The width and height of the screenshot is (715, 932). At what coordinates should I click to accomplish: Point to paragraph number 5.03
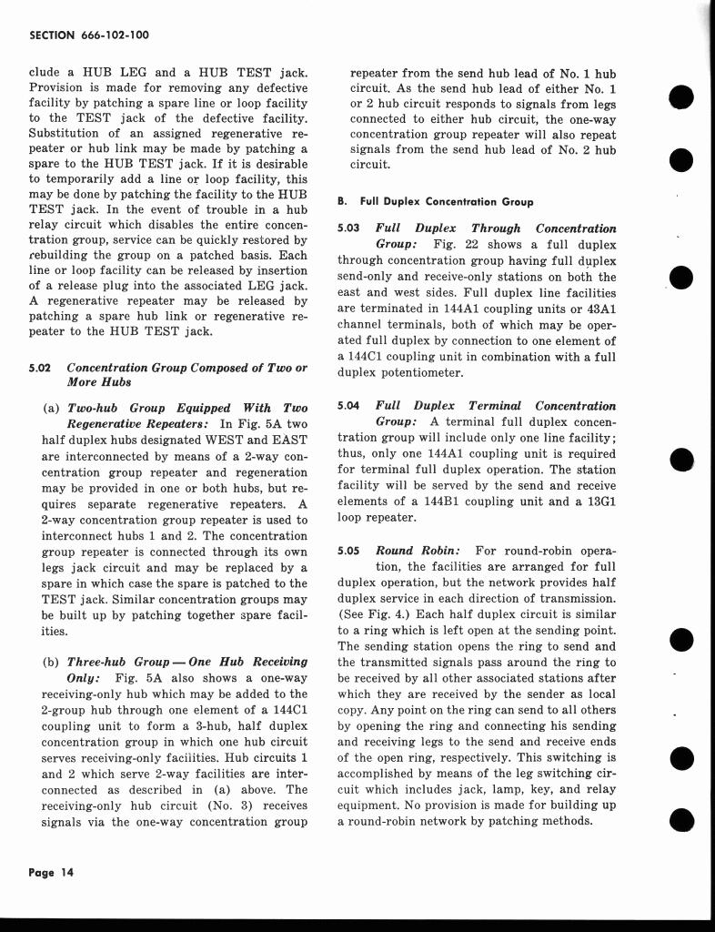(x=349, y=228)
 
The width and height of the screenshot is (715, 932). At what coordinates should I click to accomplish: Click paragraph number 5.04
(x=349, y=406)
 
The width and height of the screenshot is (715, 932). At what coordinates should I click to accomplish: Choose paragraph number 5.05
(x=349, y=551)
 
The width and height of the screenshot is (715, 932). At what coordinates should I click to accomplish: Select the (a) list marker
(x=50, y=408)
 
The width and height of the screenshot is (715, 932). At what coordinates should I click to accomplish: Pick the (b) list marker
(x=50, y=662)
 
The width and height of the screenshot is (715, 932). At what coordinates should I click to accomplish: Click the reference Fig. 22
(x=452, y=244)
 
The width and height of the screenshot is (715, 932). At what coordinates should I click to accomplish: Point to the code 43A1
(x=597, y=309)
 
